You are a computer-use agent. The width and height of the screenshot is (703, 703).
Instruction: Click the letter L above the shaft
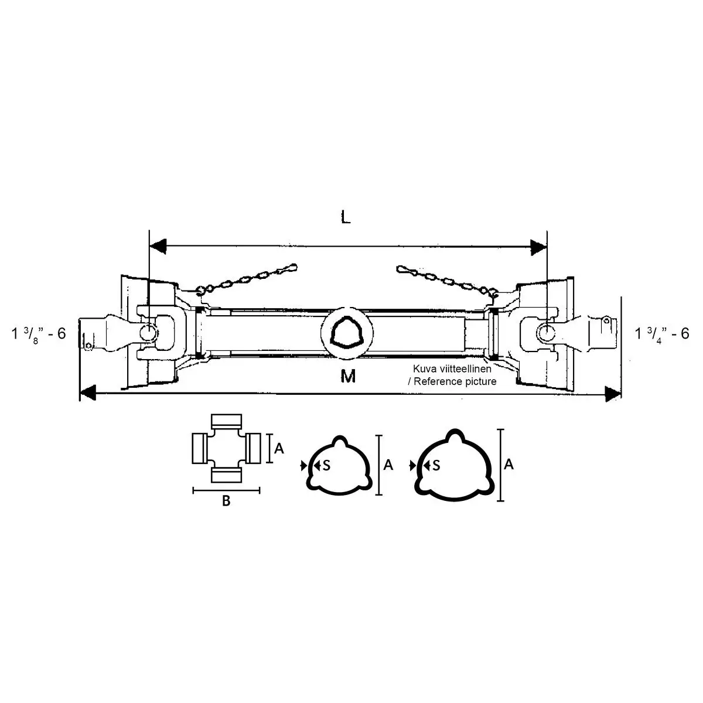(x=345, y=217)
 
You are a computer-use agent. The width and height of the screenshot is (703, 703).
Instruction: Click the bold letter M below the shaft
(x=347, y=376)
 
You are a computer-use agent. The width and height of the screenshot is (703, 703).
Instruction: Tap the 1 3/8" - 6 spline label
(x=39, y=334)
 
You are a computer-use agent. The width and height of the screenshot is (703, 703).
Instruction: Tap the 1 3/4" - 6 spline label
(x=662, y=334)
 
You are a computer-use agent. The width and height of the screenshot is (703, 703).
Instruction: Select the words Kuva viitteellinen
(x=452, y=368)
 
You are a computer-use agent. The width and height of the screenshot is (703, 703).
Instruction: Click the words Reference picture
(x=455, y=381)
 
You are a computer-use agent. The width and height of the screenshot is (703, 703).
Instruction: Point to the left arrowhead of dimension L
(x=158, y=247)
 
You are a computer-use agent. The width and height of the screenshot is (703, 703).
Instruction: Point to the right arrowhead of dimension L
(x=538, y=247)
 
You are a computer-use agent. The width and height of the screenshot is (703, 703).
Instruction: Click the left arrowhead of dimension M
(x=88, y=393)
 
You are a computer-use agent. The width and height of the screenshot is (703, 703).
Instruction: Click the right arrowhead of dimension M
(x=613, y=394)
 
